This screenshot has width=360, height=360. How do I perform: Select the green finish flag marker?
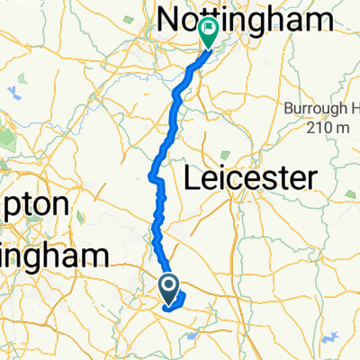tap(209, 34)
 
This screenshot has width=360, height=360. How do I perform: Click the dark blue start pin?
tap(169, 289)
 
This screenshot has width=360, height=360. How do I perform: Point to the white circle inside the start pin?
tap(169, 284)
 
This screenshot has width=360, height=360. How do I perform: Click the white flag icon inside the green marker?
tap(209, 31)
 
